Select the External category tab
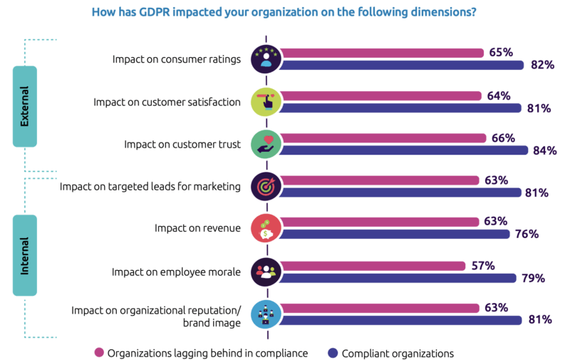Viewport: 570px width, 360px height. coord(25,106)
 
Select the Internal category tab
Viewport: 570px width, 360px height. coord(25,256)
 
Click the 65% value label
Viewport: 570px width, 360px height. coord(501,52)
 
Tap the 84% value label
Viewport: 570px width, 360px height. coord(545,150)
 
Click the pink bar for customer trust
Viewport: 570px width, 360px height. coord(381,138)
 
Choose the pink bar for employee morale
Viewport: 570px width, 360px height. coord(370,265)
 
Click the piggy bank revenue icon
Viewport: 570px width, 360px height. coord(266,228)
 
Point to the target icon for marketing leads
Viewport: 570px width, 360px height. coord(266,186)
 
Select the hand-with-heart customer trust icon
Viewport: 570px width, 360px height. coord(266,143)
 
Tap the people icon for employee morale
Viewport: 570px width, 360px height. coord(266,271)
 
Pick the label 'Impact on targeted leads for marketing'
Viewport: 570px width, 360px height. coord(150,187)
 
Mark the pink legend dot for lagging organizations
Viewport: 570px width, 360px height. coord(99,352)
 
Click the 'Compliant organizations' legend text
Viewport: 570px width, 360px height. coord(397,352)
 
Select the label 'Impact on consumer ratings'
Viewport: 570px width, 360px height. coord(176,59)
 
